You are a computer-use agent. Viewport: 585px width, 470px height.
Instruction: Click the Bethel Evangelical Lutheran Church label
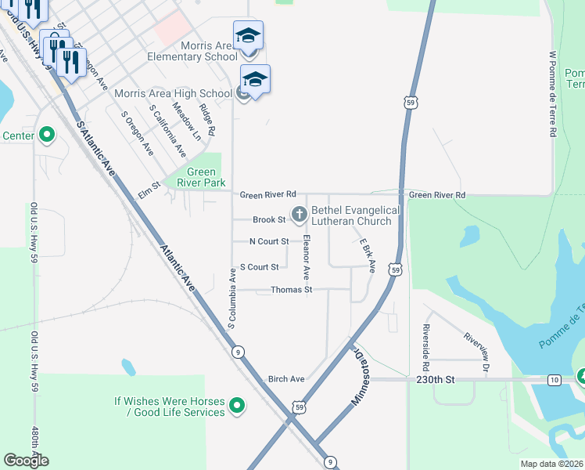356,215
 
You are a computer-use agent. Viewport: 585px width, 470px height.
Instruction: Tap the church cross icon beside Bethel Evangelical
299,213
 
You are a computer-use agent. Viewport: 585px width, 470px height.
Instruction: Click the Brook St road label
269,220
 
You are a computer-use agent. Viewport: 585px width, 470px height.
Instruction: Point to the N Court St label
269,241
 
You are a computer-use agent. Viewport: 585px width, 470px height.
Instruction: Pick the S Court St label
259,267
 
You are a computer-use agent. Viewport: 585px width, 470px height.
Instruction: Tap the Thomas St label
291,290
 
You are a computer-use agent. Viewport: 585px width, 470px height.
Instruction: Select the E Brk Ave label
368,256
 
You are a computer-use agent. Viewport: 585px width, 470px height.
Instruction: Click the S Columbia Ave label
232,298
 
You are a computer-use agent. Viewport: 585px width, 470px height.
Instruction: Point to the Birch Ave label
285,379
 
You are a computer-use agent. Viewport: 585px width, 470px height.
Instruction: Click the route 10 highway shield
554,380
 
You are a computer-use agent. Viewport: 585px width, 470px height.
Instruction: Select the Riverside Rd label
425,347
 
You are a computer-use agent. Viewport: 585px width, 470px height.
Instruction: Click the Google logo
26,461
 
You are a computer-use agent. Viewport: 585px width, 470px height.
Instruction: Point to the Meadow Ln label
186,123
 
